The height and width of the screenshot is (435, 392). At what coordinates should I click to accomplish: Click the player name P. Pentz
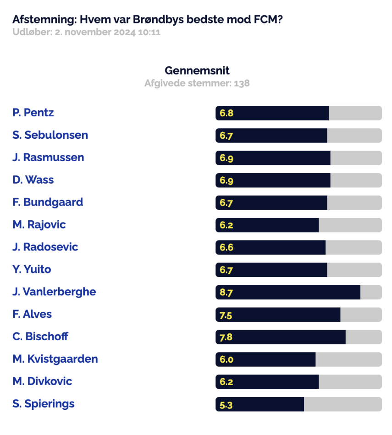pos(33,113)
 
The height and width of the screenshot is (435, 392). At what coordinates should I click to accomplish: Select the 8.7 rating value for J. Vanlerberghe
pos(226,293)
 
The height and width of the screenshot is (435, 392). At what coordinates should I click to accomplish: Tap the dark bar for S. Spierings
pos(260,404)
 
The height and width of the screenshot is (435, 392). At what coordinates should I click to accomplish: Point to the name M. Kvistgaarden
pos(55,359)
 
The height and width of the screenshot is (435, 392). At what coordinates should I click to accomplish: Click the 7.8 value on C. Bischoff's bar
pos(226,337)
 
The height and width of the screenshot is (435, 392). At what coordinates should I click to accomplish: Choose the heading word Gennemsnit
pos(197,71)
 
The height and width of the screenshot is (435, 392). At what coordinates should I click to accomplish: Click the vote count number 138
pos(242,83)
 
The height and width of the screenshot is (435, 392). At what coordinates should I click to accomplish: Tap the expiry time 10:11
pos(149,32)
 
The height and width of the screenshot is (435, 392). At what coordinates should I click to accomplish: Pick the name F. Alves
pos(32,314)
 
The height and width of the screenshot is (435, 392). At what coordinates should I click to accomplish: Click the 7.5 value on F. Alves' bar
pos(226,315)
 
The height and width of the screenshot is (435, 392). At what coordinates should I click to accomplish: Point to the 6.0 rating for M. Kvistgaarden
pos(226,359)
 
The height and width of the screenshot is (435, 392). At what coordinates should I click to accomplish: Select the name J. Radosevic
pos(45,247)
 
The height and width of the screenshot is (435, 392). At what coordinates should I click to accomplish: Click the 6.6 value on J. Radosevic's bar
pos(226,247)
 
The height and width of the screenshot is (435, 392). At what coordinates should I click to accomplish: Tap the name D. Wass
pos(33,180)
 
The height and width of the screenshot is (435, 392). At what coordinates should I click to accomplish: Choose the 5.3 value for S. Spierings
pos(226,405)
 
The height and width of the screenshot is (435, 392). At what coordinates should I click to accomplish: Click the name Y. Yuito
pos(32,269)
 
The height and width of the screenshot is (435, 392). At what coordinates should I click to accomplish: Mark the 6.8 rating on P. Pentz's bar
pos(226,113)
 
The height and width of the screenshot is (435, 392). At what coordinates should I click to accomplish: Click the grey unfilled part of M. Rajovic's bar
pos(350,225)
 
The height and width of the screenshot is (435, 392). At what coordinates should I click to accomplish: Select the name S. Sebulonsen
pos(50,135)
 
